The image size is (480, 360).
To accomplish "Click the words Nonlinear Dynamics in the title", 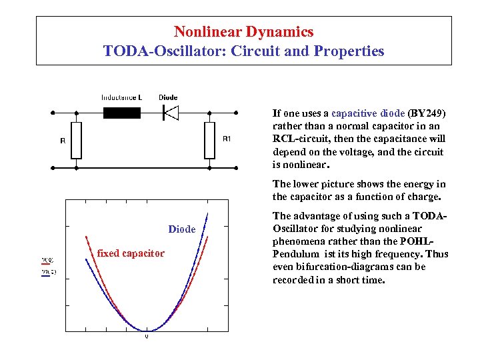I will pos(243,31).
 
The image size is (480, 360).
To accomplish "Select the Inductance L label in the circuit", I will pos(121,97).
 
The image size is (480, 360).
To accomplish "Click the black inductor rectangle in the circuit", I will pos(122,113).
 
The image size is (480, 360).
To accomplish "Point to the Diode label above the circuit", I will pos(168,97).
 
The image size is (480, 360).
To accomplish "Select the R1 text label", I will pos(227,139).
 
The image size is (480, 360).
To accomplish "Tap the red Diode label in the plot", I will pos(181,229).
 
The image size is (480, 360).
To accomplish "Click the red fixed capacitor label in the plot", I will pos(131,253).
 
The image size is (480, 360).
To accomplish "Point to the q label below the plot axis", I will pos(147,336).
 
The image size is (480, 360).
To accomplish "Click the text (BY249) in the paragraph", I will pos(427,113).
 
